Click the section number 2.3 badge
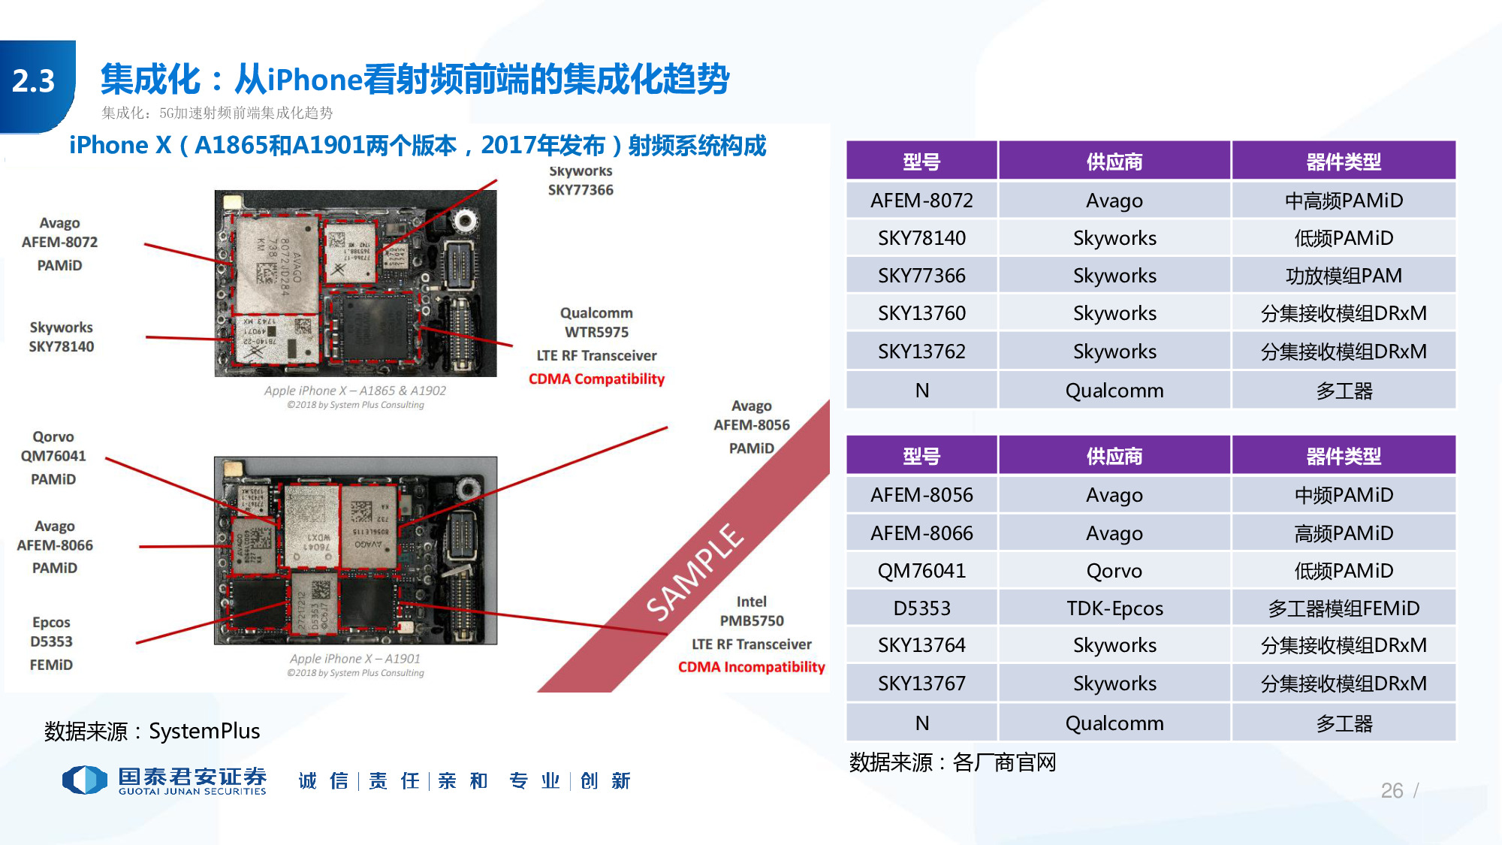(x=35, y=81)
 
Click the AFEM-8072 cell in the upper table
(x=921, y=201)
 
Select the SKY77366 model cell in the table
(x=921, y=276)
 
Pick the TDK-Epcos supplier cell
(x=1114, y=608)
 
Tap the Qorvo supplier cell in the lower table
(x=1114, y=571)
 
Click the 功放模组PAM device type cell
(x=1343, y=276)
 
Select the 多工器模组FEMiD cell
(x=1343, y=608)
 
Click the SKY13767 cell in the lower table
(x=921, y=684)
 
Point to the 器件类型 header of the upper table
(x=1343, y=161)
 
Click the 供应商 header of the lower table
(x=1114, y=456)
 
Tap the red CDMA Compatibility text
(x=596, y=379)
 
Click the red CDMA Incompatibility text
(x=751, y=667)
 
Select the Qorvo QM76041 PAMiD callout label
(x=53, y=457)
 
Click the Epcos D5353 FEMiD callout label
(x=51, y=642)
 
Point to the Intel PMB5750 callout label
(x=751, y=611)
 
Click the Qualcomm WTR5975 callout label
(x=596, y=322)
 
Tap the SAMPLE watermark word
(x=695, y=572)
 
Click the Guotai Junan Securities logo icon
(x=85, y=780)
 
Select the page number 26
(x=1391, y=790)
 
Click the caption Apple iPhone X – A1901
(x=355, y=659)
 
